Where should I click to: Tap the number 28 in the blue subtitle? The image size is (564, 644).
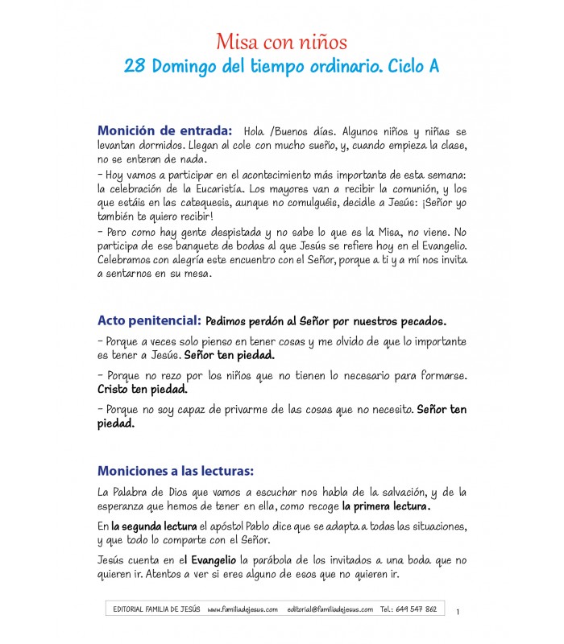pyautogui.click(x=134, y=67)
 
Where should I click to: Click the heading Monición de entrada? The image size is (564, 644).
pyautogui.click(x=164, y=130)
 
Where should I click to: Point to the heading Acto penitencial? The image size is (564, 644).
pyautogui.click(x=149, y=320)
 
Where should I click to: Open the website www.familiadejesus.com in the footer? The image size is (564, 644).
pyautogui.click(x=242, y=609)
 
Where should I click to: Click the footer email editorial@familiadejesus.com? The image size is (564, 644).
pyautogui.click(x=330, y=609)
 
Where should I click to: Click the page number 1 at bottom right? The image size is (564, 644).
pyautogui.click(x=458, y=613)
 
